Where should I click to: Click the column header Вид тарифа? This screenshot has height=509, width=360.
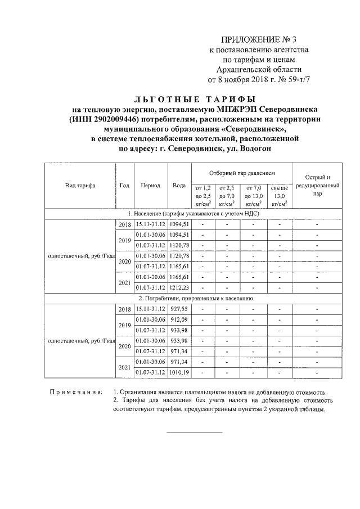click(x=80, y=185)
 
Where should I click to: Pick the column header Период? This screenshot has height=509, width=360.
click(x=150, y=185)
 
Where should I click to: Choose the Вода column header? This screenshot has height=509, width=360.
click(x=179, y=185)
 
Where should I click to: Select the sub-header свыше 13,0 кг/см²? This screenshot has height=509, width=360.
click(x=280, y=196)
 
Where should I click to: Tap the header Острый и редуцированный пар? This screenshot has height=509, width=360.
click(x=317, y=185)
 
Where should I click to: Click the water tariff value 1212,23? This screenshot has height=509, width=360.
click(x=179, y=287)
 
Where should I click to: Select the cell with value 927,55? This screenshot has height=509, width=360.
click(x=179, y=309)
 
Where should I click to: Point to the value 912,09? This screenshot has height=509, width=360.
click(x=179, y=319)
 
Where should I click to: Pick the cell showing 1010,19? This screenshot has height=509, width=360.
click(x=179, y=372)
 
